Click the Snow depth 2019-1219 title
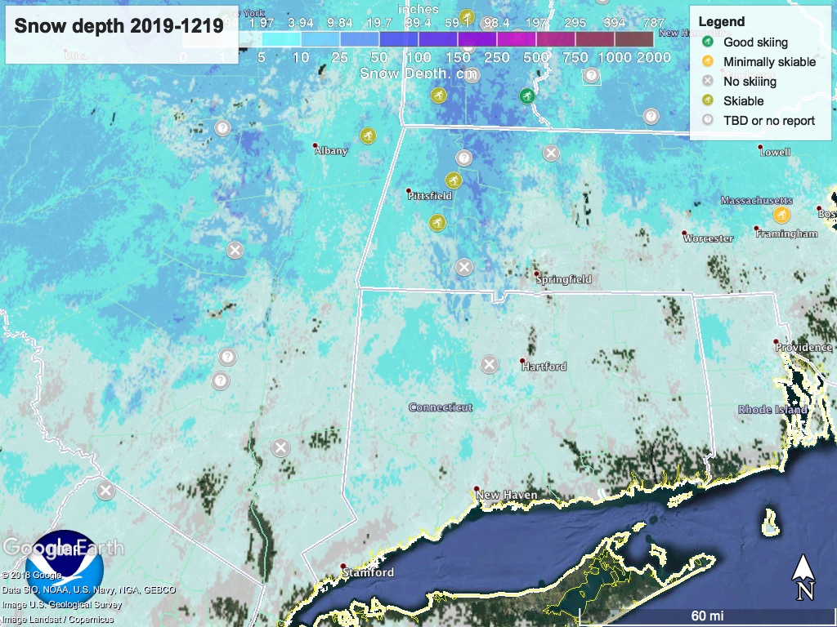coord(119,26)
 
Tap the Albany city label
coord(331,150)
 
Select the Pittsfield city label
coord(430,196)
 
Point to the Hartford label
coord(544,367)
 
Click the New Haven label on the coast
coord(507,495)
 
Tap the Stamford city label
coord(368,572)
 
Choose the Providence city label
coord(804,347)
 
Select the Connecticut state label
coord(441,407)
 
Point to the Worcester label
coord(709,238)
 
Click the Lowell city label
coord(775,152)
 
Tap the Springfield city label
coord(564,279)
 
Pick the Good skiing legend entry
coord(755,42)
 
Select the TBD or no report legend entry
coord(768,121)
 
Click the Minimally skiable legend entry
coord(769,62)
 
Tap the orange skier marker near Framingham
coord(781,215)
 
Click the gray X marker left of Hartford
coord(489,364)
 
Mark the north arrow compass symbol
coord(803,576)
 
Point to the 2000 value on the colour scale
coord(654,57)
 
